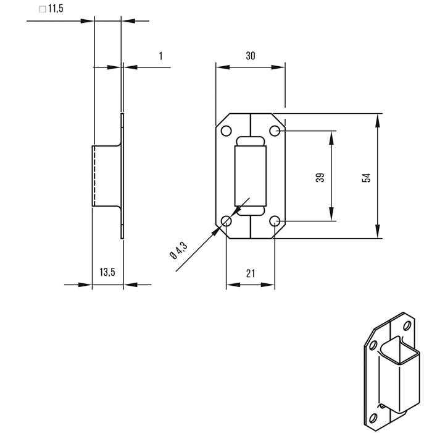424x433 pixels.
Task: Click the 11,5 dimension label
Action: tap(56, 9)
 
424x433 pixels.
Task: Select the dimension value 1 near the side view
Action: tap(161, 56)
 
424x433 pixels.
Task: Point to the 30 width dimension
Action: tap(250, 56)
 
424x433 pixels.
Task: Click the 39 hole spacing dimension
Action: tap(320, 177)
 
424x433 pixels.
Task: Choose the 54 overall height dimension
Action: tap(366, 177)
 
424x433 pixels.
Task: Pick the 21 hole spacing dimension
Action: tap(251, 273)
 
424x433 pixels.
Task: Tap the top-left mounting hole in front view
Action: tap(227, 131)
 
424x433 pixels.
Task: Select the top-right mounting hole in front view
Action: tap(275, 131)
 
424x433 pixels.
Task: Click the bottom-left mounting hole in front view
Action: tap(227, 221)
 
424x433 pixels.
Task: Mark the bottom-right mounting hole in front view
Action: tap(275, 221)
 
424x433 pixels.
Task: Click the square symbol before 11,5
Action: tap(42, 9)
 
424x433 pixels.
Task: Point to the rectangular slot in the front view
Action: tap(251, 176)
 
